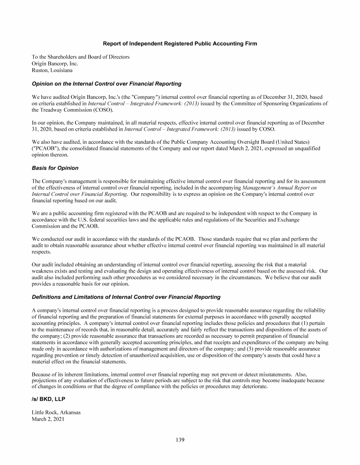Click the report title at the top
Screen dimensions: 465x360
[180, 44]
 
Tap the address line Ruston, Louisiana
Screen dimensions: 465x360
[52, 70]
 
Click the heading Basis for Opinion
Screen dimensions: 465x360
[55, 168]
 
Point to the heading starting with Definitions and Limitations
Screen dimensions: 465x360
[126, 297]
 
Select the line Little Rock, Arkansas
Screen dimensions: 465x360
[56, 413]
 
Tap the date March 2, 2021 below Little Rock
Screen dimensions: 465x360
[48, 419]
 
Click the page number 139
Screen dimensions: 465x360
[180, 440]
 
